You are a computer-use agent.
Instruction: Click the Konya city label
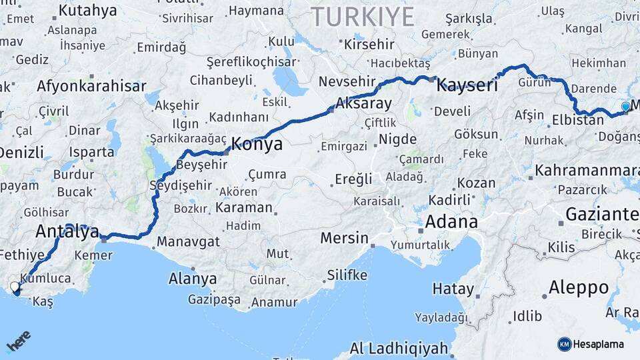click(x=256, y=145)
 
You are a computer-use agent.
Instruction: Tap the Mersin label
click(x=344, y=238)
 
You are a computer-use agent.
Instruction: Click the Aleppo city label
click(x=579, y=288)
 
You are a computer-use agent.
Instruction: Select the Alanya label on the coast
click(x=193, y=278)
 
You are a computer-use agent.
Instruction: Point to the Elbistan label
click(x=578, y=121)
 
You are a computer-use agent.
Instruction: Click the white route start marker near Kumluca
click(x=15, y=287)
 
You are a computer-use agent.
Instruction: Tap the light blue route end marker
click(x=625, y=107)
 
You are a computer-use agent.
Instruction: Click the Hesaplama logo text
click(x=599, y=344)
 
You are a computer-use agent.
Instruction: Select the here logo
click(x=18, y=342)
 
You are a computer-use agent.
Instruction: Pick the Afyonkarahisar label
click(x=91, y=86)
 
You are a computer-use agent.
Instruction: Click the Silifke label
click(x=347, y=275)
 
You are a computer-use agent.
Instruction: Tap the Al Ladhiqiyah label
click(x=399, y=348)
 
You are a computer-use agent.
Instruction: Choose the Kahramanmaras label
click(x=587, y=169)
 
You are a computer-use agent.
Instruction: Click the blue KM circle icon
click(x=565, y=344)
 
